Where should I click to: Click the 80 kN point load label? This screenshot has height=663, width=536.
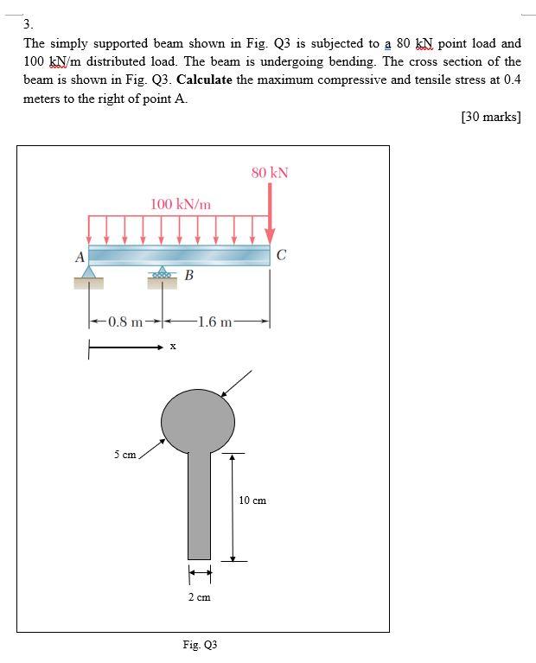point(270,173)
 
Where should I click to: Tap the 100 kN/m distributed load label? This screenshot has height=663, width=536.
point(180,205)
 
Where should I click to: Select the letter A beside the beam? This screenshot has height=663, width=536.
point(80,257)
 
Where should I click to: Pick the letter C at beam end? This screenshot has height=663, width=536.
point(282,256)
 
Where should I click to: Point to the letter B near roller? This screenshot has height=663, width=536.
point(188,277)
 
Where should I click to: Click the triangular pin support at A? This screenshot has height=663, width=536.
point(89,273)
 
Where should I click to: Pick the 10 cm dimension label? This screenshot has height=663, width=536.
point(252,500)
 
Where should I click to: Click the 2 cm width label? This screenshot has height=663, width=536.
point(200,597)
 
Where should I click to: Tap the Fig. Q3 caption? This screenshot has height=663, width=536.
point(200,645)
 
